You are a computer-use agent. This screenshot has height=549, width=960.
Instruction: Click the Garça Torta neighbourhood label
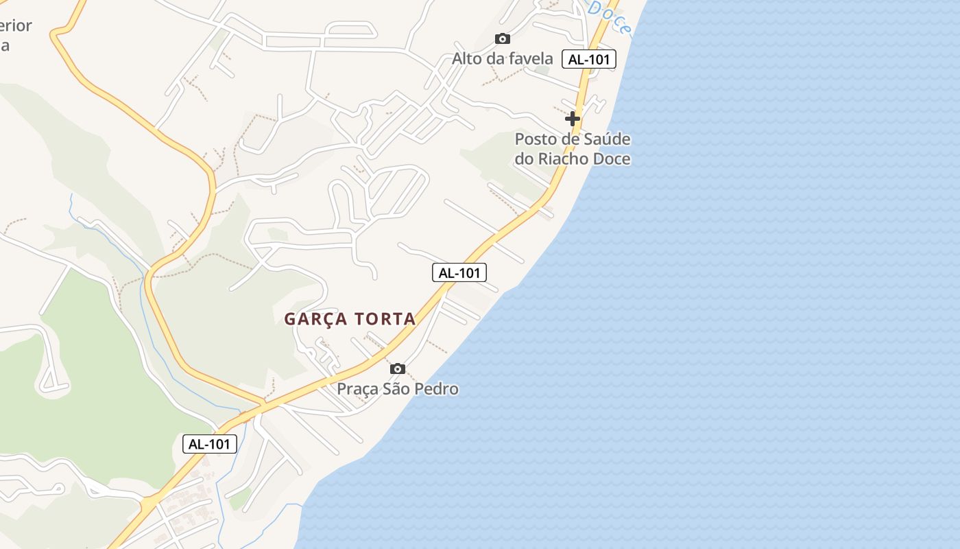coord(350,319)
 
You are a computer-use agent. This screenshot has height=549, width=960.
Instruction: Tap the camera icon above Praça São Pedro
coord(397,369)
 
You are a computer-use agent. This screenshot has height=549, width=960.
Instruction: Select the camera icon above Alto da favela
coord(503,39)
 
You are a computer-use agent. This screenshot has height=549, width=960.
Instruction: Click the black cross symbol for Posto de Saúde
coord(573,119)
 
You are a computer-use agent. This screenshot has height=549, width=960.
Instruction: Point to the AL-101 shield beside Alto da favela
coord(589,59)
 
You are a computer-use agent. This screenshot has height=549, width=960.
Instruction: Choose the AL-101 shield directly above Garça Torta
coord(459,272)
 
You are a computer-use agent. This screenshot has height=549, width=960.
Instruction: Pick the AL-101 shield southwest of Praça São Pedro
coord(210,444)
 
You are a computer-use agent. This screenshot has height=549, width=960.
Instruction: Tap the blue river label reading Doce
coord(609,18)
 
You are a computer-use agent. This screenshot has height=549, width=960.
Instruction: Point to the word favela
coord(529,59)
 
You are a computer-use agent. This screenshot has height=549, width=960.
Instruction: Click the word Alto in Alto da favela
coord(466,59)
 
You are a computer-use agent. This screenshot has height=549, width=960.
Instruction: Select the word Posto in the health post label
coord(533,139)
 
